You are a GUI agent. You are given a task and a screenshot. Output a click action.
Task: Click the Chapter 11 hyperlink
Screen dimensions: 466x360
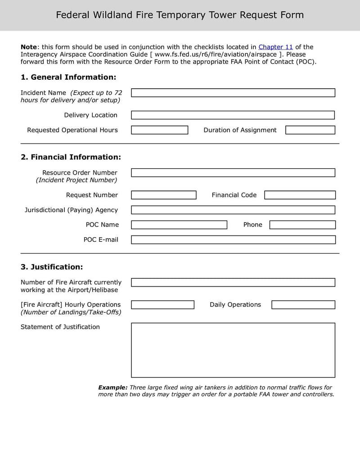[275, 47]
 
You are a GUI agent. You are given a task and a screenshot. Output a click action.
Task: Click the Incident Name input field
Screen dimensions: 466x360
[233, 93]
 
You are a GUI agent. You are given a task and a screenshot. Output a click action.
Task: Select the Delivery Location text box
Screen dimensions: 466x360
[233, 115]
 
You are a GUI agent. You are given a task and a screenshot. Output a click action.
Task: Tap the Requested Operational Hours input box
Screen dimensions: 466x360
[159, 130]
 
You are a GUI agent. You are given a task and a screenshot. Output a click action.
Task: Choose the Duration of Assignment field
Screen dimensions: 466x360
[310, 130]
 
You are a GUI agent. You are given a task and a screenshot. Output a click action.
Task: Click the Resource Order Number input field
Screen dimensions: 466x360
[233, 173]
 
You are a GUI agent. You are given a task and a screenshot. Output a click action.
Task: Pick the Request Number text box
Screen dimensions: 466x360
[163, 195]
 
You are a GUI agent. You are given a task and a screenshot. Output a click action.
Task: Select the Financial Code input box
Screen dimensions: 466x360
[300, 195]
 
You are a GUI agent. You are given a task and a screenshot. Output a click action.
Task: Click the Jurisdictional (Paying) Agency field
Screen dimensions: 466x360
[233, 210]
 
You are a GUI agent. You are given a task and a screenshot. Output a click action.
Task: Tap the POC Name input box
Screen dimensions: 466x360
[179, 225]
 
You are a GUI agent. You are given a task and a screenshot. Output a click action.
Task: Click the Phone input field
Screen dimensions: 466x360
[302, 225]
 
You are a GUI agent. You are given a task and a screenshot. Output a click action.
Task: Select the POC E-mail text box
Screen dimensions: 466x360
[233, 240]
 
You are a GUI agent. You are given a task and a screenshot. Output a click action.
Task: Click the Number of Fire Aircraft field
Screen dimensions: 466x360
[233, 282]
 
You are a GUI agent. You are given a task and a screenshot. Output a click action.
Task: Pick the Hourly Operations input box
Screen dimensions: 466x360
[162, 305]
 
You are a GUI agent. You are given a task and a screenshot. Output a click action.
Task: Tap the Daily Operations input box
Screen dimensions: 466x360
[303, 305]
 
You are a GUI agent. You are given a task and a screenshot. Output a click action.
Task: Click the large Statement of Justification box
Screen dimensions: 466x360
[233, 350]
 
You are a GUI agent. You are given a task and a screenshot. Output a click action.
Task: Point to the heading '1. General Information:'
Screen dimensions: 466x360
[68, 77]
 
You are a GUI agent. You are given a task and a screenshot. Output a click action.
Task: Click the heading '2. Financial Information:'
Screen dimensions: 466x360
[71, 157]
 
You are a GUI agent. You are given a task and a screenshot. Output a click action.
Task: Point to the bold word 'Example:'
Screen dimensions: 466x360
[113, 387]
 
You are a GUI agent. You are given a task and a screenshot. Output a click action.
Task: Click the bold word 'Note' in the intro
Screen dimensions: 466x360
[29, 47]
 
